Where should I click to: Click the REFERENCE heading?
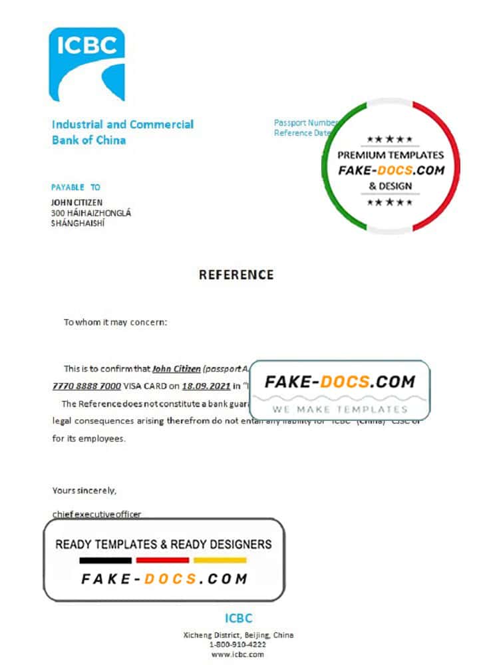coord(236,275)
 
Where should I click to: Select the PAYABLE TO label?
coord(76,188)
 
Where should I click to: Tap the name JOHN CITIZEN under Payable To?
coord(77,202)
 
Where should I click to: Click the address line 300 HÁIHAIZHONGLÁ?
coord(91,213)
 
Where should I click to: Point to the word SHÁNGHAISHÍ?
coord(78,223)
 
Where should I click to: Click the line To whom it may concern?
coord(116,323)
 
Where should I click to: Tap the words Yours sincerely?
coord(84,491)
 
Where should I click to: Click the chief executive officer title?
coord(96,514)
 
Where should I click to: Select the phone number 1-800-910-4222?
coord(238,645)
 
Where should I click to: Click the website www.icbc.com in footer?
coord(238,655)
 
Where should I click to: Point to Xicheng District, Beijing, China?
coord(238,635)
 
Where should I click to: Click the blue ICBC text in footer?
coord(238,618)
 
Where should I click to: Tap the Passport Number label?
coord(305,123)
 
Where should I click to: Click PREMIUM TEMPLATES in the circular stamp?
coord(390,155)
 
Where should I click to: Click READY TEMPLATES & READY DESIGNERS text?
coord(164,544)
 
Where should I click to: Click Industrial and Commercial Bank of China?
coord(122,132)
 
